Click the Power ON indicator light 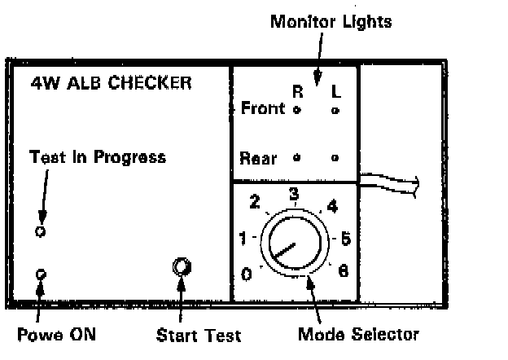tap(41, 274)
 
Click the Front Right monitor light tap(296, 109)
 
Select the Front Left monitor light tap(336, 109)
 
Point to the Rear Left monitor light tap(336, 157)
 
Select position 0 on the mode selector tap(247, 274)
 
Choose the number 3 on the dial tap(295, 194)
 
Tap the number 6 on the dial tap(343, 271)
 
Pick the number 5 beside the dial tap(346, 239)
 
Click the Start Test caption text tap(199, 335)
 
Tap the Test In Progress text tap(97, 156)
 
